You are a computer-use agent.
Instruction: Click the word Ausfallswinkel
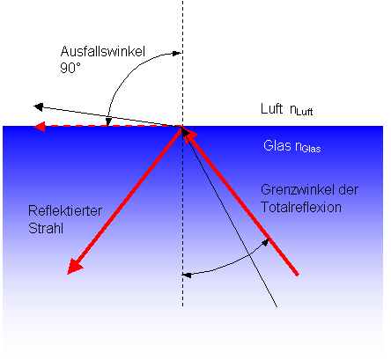[x=103, y=52]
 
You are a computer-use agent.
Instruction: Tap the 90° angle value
[x=70, y=68]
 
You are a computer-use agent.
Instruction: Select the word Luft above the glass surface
[x=271, y=108]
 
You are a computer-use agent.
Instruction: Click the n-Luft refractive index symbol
[x=301, y=110]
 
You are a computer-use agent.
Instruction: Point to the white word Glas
[x=277, y=145]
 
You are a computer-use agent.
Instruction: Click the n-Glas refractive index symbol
[x=308, y=147]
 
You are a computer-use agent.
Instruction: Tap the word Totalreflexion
[x=301, y=207]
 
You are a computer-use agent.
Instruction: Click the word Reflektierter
[x=65, y=210]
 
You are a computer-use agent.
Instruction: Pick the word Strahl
[x=46, y=228]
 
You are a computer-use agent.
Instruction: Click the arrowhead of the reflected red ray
[x=74, y=267]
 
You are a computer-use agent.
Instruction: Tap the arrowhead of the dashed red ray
[x=40, y=127]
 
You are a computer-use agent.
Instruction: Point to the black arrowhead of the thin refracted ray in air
[x=39, y=107]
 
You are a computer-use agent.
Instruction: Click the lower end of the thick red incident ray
[x=297, y=275]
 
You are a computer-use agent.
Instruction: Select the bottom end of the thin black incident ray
[x=277, y=306]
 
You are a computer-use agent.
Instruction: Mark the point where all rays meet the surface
[x=182, y=127]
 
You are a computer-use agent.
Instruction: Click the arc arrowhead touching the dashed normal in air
[x=176, y=53]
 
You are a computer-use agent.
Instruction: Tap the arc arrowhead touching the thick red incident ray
[x=265, y=242]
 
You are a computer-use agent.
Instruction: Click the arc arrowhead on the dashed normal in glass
[x=187, y=275]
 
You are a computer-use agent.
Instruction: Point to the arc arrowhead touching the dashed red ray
[x=108, y=121]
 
